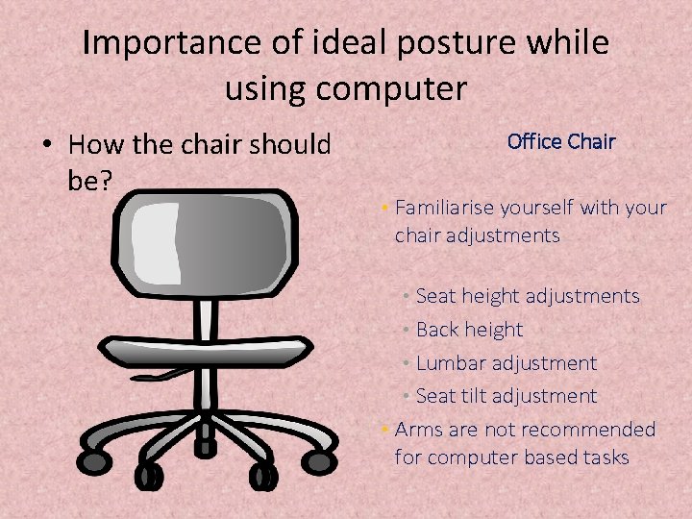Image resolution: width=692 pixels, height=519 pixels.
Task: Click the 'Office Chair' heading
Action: point(560,142)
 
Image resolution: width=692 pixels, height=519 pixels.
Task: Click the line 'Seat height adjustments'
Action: point(527,296)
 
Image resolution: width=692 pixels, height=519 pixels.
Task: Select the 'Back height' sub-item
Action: point(469,330)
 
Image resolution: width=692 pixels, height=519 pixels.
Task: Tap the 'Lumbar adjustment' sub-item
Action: point(506,363)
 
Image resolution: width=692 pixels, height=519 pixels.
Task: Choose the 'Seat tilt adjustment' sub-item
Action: point(506,396)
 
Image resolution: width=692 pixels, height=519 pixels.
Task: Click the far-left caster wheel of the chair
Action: point(94,462)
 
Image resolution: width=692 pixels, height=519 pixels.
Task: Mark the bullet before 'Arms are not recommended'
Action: point(383,430)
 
